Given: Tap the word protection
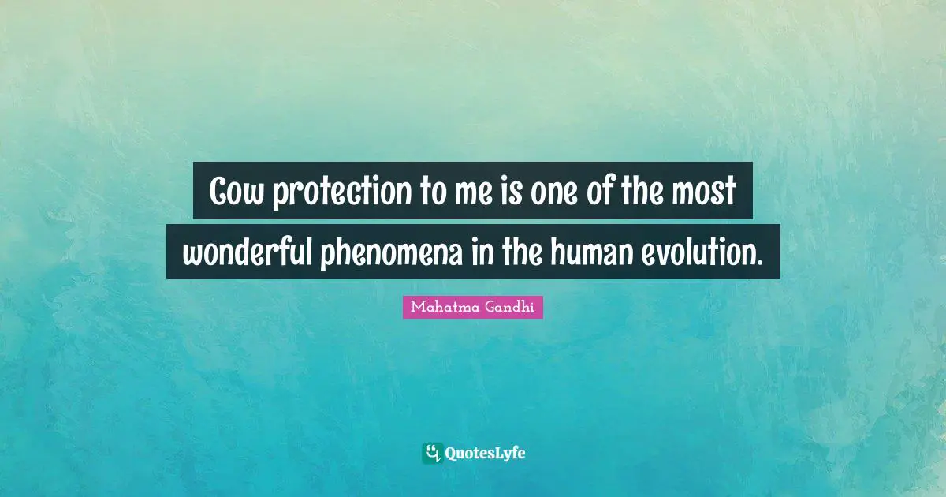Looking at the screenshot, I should (x=333, y=193).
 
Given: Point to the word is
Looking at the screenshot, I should (x=490, y=192).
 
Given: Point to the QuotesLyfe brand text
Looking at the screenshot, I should (x=486, y=453).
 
